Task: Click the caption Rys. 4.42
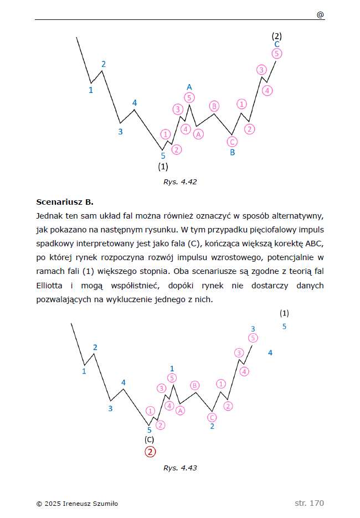(180, 181)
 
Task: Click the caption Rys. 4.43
(180, 468)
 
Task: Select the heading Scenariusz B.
(65, 201)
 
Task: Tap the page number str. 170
(309, 503)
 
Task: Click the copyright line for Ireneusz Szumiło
(77, 504)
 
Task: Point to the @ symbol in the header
(320, 15)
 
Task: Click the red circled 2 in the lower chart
(150, 452)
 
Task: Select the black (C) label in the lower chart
(149, 439)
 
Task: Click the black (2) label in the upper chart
(277, 36)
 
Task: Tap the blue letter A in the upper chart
(189, 87)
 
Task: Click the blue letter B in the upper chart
(233, 152)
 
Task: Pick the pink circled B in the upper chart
(214, 106)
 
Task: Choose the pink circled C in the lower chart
(212, 417)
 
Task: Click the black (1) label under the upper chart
(163, 166)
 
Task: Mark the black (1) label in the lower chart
(285, 313)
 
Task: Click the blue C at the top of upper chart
(277, 44)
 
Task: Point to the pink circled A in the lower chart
(180, 410)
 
